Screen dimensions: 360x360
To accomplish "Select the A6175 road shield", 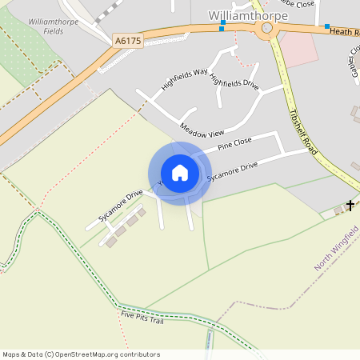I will [x=128, y=40].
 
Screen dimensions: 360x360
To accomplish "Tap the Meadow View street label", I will [x=202, y=129].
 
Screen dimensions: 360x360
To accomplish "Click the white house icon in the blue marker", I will [x=180, y=173].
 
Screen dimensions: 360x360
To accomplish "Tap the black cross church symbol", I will [x=350, y=206].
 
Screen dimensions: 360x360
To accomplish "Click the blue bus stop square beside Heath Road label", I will [x=327, y=26].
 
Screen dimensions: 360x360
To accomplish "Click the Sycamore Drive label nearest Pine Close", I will [x=232, y=170].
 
